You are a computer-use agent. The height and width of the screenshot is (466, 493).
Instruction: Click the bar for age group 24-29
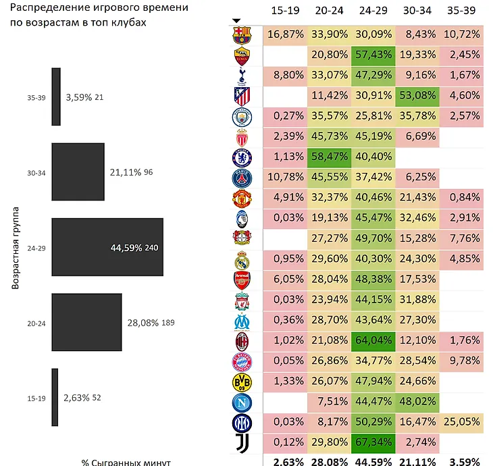[x=107, y=247]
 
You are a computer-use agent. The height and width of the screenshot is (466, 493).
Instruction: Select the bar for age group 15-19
[x=55, y=397]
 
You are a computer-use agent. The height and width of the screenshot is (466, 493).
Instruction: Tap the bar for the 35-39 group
[x=56, y=97]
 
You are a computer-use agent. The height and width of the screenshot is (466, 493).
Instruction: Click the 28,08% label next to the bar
[x=142, y=322]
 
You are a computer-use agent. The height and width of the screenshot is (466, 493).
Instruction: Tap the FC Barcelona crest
[x=241, y=34]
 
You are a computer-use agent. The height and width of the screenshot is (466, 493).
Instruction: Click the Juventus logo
[x=241, y=444]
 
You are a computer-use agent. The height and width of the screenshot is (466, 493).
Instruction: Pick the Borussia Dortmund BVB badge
[x=241, y=382]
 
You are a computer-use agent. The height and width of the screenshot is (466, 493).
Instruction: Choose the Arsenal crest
[x=241, y=280]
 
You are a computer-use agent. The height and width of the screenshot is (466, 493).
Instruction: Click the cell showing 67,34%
[x=373, y=444]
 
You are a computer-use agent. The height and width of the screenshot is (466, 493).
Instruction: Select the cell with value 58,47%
[x=330, y=157]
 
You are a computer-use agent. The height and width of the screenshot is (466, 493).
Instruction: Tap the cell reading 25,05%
[x=461, y=423]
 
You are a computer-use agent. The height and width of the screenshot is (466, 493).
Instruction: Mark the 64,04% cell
[x=373, y=341]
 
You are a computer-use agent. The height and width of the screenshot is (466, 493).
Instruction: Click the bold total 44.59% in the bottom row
[x=373, y=462]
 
